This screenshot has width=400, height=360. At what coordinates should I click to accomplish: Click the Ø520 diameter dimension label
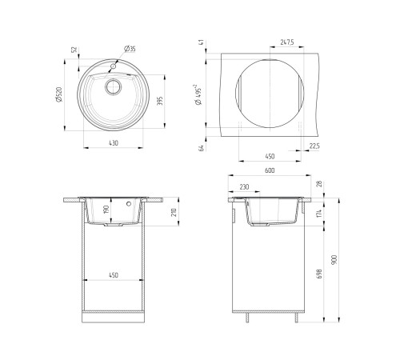click(59, 94)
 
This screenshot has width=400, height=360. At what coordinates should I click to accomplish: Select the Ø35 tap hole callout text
click(130, 49)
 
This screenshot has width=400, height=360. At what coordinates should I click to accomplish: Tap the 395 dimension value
click(159, 101)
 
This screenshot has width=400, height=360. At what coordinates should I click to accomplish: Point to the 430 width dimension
click(114, 143)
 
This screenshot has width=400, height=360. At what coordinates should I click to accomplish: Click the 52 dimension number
click(74, 50)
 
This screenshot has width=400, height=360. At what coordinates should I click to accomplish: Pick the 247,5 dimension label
click(287, 42)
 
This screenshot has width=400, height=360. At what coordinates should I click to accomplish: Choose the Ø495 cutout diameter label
click(198, 94)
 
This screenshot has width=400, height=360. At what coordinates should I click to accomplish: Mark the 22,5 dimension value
click(314, 146)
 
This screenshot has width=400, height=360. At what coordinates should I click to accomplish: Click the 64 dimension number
click(202, 148)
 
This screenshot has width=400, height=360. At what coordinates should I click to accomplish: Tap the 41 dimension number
click(202, 42)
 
